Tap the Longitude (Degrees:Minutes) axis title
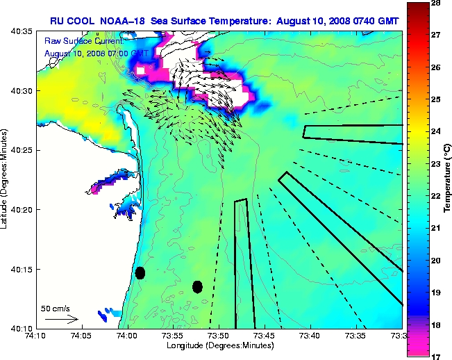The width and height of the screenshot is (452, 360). coord(219,345)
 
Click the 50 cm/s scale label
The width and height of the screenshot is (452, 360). coord(56,308)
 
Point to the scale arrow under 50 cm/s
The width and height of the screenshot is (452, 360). coord(61,319)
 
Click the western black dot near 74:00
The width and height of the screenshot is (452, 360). coord(140,272)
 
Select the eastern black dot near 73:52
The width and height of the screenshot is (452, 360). coord(197,286)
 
